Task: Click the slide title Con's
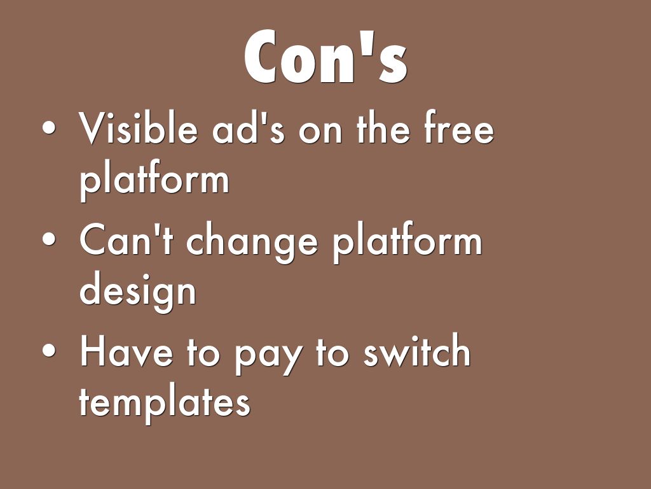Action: point(325,56)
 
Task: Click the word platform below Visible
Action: point(154,180)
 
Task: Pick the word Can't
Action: point(126,239)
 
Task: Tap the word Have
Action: point(126,351)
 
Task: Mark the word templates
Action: point(165,403)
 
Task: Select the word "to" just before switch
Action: point(332,353)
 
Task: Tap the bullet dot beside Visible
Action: point(49,127)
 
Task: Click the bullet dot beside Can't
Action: point(49,239)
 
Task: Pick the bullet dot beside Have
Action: point(49,350)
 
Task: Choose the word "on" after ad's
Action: point(320,132)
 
